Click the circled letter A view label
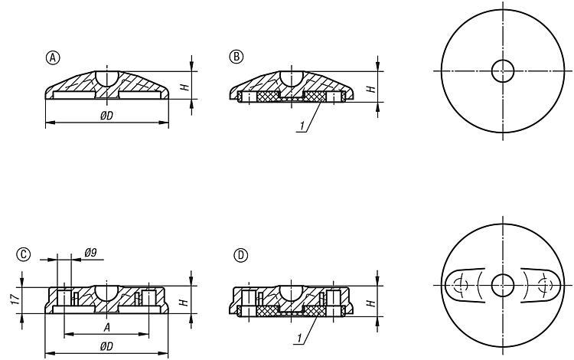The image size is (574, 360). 53,58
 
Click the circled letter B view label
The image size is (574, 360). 236,57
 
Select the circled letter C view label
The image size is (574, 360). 24,254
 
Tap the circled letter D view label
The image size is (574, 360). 240,255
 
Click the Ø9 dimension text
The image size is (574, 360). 90,253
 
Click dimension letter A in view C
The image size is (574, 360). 106,327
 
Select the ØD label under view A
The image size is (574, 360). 106,116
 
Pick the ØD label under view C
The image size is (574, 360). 106,346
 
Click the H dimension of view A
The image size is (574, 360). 184,87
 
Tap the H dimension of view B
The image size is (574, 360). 371,89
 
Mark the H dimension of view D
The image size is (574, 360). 371,303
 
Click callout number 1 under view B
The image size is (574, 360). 302,126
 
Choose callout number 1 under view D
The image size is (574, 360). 299,339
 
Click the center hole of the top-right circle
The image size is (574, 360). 503,71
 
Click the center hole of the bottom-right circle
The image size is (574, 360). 503,285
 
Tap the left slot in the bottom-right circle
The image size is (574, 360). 465,286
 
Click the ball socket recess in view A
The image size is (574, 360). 107,78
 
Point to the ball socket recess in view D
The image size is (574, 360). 292,293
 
